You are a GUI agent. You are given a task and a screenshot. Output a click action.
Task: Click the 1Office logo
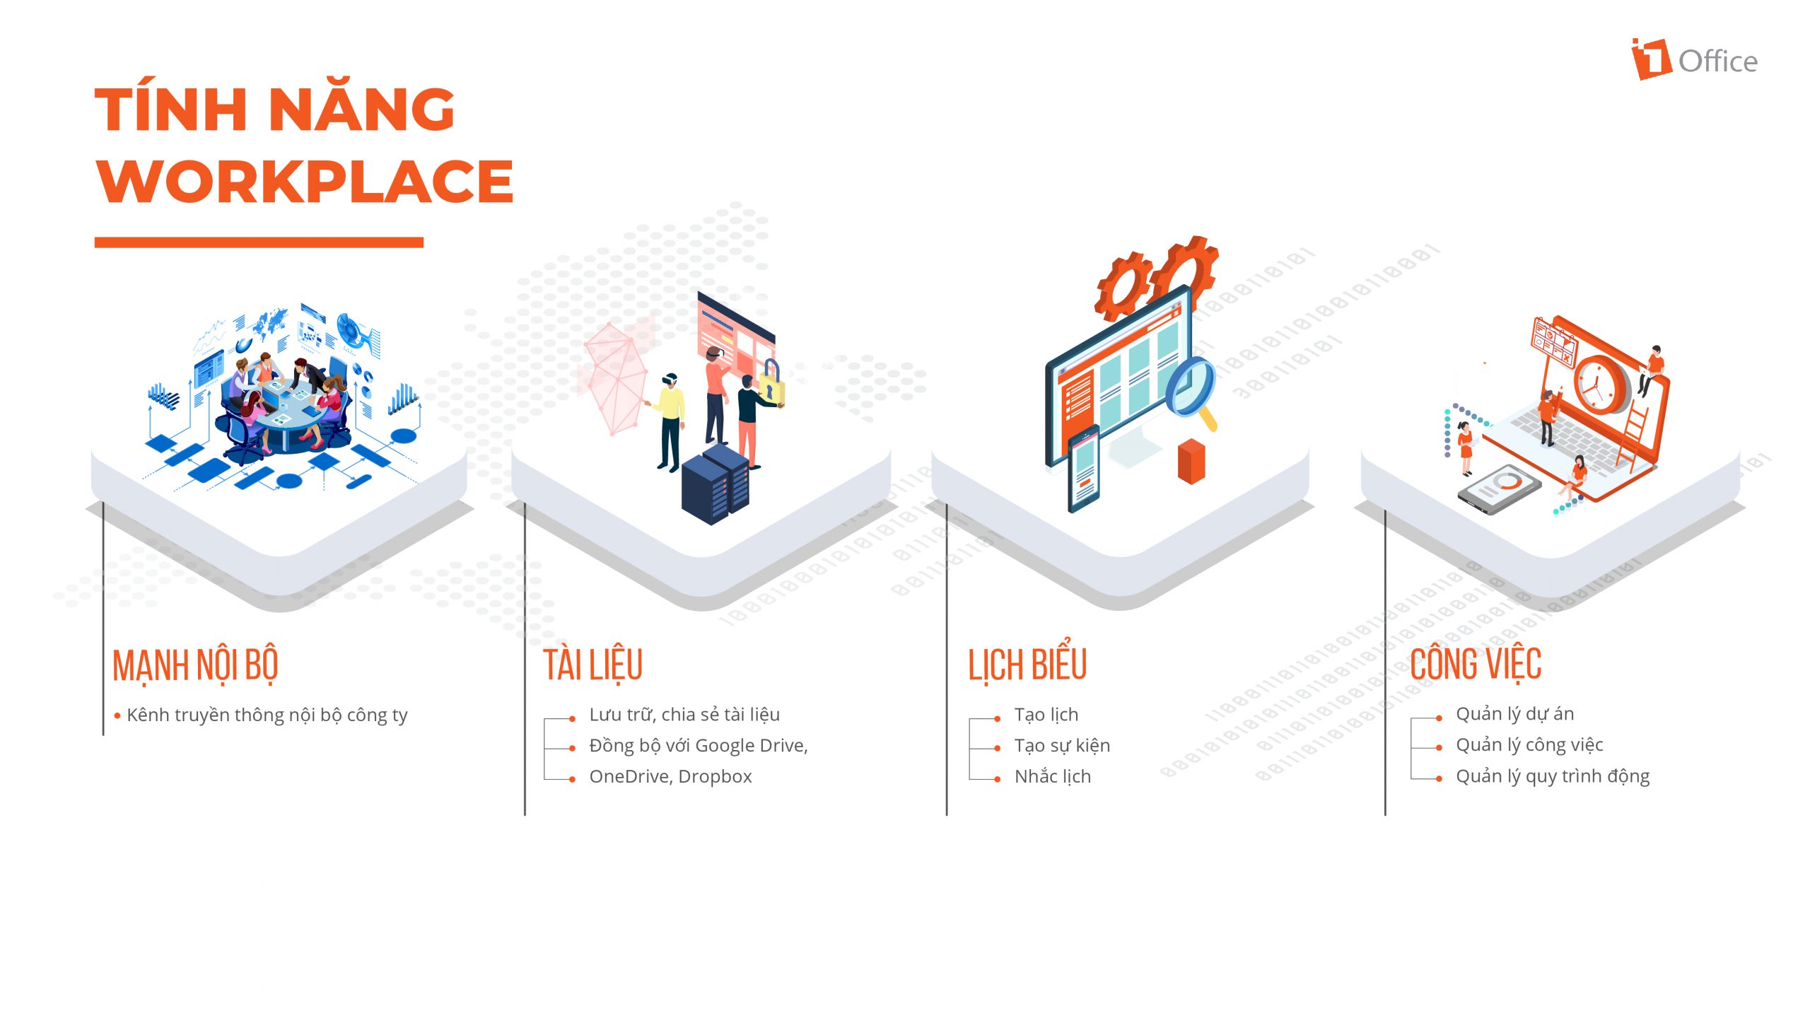click(1694, 59)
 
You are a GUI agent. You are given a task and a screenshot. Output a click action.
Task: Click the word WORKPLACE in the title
click(305, 182)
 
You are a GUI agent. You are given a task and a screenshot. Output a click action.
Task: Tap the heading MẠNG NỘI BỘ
click(195, 665)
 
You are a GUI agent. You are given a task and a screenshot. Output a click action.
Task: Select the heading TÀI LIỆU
click(592, 665)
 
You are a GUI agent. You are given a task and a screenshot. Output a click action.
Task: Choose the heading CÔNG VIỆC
click(1476, 663)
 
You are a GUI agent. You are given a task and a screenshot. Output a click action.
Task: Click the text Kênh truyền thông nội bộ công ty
click(267, 715)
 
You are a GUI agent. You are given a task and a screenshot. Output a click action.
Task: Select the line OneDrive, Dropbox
click(670, 776)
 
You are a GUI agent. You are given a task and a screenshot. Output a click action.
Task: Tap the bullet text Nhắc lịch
click(1053, 776)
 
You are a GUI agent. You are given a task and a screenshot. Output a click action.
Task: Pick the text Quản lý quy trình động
click(1553, 776)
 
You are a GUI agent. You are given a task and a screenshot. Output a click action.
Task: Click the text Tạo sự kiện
click(1062, 745)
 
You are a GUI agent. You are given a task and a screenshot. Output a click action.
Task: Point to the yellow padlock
click(771, 384)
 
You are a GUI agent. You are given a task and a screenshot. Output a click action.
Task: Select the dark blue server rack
click(715, 485)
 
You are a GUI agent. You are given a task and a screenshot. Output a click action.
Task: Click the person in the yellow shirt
click(670, 422)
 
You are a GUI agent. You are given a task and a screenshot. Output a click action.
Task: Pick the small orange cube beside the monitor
click(1191, 461)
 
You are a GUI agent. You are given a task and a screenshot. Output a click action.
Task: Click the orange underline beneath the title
click(259, 242)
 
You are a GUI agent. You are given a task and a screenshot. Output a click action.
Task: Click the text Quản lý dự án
click(1514, 714)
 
